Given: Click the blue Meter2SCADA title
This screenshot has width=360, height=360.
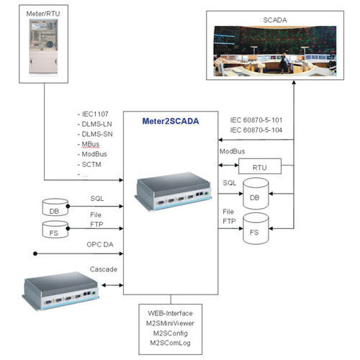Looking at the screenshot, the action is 171,121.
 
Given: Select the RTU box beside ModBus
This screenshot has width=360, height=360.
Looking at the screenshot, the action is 260,166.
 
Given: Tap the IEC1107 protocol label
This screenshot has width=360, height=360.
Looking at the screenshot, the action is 95,114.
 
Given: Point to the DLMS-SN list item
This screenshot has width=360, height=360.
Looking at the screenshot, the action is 97,134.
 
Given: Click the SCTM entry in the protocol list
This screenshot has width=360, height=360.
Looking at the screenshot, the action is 91,165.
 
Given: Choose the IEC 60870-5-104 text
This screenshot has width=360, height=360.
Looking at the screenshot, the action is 256,130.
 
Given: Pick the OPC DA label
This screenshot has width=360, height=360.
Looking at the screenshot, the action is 100,245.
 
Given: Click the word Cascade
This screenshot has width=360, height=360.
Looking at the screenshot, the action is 104,269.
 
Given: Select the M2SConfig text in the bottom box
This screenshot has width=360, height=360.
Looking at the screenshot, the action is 171,333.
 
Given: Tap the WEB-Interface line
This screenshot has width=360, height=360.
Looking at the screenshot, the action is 170,313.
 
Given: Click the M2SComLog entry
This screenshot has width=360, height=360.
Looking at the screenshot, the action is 170,343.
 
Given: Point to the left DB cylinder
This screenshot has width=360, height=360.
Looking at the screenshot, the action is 55,207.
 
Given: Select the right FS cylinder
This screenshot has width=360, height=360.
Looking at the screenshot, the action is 256,228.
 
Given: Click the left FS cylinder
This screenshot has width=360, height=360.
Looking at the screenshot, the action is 55,230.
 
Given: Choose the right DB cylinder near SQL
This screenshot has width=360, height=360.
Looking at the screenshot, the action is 256,194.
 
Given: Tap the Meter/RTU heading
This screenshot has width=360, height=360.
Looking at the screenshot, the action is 43,14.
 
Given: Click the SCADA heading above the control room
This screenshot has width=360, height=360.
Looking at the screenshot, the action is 275,20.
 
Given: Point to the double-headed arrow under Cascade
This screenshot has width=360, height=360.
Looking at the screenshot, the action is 112,285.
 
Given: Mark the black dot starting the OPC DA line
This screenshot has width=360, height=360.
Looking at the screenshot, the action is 35,253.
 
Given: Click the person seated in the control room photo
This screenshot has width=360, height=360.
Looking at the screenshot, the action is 285,63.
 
